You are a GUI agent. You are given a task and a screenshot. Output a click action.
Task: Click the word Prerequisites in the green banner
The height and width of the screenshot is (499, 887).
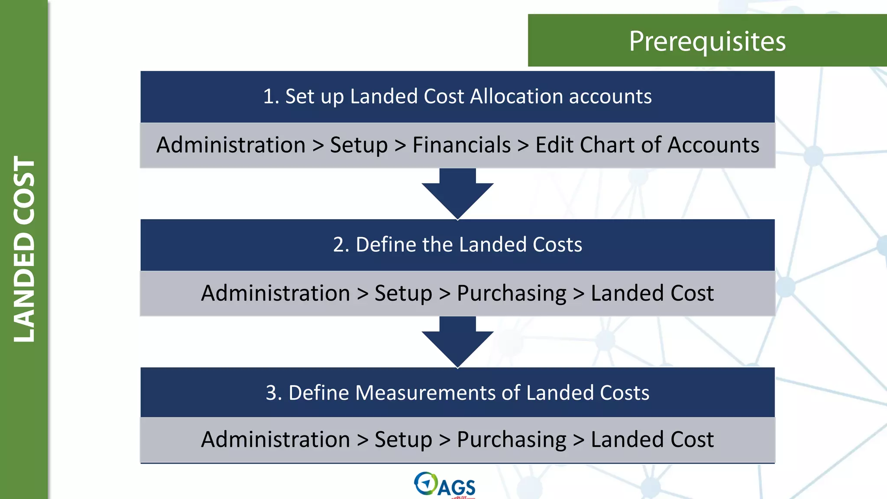[x=707, y=42]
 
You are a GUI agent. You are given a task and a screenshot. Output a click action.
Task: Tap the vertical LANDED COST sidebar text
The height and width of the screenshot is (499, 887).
[x=24, y=249]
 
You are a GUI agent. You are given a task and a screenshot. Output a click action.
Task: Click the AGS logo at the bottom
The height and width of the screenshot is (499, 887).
[x=445, y=485]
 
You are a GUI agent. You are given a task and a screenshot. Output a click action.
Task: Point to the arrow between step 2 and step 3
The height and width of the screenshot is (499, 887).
[x=457, y=342]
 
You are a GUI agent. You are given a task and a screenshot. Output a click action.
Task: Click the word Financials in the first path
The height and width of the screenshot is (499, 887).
[x=461, y=145]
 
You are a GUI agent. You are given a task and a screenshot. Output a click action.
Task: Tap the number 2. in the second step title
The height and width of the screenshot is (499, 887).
[x=341, y=245]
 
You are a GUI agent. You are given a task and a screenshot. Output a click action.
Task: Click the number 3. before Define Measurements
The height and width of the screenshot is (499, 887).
[x=274, y=393]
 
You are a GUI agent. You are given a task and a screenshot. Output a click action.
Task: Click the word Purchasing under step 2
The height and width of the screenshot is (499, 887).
[x=511, y=294]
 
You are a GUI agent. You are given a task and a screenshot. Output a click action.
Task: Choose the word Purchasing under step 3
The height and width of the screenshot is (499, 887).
[x=511, y=440]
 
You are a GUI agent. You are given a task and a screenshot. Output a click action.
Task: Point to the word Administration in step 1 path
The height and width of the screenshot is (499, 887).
[x=231, y=145]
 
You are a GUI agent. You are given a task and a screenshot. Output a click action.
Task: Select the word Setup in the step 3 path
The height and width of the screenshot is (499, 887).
[x=403, y=440]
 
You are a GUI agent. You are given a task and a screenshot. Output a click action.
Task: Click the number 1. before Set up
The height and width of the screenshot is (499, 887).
[x=271, y=96]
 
